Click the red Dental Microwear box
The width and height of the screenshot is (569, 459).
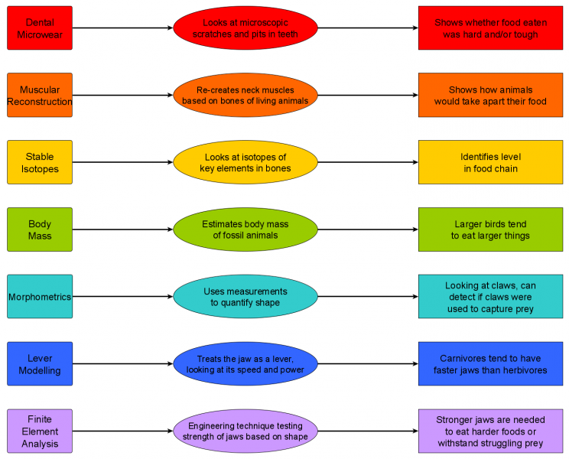(x=40, y=28)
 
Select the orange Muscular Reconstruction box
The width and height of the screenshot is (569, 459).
(x=40, y=95)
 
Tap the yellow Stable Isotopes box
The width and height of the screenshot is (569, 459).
(x=40, y=162)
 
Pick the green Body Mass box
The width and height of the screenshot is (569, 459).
(x=40, y=229)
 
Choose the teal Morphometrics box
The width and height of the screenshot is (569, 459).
(x=40, y=297)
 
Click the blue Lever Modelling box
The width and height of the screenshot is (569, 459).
(x=40, y=364)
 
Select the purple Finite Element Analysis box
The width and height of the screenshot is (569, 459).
(x=40, y=431)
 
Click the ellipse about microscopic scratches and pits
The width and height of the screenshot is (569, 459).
(x=245, y=28)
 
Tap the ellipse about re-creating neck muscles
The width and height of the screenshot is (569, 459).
(x=245, y=95)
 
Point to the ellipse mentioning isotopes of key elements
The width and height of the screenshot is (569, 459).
(x=245, y=162)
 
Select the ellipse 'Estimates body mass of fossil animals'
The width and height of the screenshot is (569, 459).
(x=245, y=229)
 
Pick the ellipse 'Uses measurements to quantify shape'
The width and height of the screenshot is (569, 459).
(x=245, y=297)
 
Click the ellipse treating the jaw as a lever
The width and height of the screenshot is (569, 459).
(x=245, y=364)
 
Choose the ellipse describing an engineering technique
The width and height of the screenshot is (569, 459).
(x=245, y=431)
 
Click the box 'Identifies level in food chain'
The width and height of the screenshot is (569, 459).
(x=490, y=162)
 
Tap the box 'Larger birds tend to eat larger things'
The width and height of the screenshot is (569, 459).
(x=490, y=229)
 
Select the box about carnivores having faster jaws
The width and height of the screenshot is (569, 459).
(x=490, y=364)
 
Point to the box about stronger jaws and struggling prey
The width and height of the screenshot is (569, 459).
(x=490, y=431)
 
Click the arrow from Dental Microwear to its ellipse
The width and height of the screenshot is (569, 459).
(x=122, y=28)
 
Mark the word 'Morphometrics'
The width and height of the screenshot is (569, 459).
(x=40, y=297)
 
